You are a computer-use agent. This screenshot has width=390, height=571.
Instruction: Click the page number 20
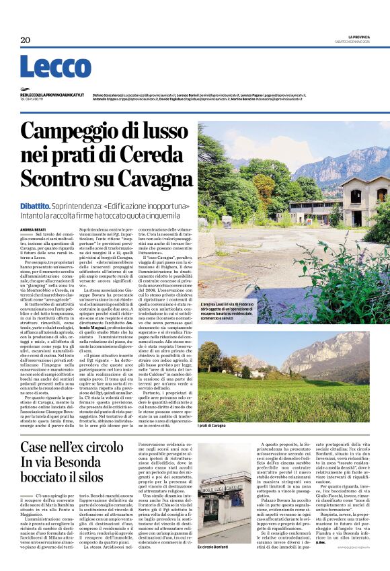click(26, 40)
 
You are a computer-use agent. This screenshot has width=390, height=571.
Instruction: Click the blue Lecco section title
click(46, 67)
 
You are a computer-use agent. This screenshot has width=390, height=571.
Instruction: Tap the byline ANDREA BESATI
click(32, 229)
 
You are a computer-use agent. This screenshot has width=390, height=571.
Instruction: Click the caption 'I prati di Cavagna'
click(214, 426)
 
